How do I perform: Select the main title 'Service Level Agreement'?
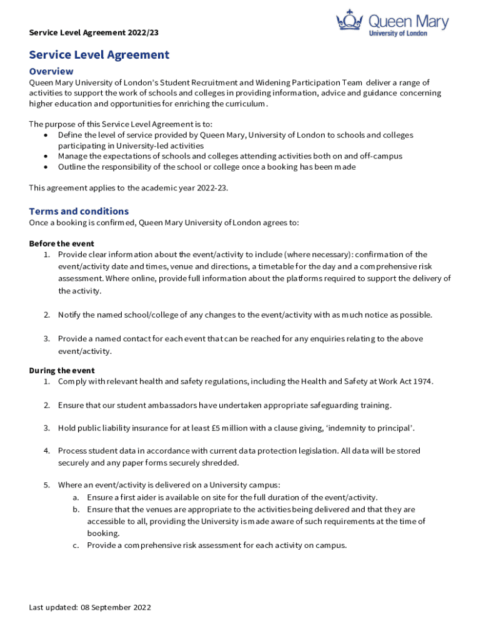click(99, 55)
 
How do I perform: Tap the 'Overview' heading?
click(51, 71)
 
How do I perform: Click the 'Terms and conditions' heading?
click(79, 211)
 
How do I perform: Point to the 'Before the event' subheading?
click(62, 243)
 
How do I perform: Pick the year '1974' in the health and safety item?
click(422, 381)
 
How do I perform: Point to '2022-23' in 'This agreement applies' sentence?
click(211, 187)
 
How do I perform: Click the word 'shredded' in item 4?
click(219, 463)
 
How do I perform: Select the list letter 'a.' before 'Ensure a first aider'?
click(75, 497)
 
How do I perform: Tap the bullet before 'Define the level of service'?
click(47, 135)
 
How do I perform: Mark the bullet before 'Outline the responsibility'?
click(47, 167)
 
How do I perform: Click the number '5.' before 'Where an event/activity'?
click(46, 485)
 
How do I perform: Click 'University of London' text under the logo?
click(399, 33)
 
